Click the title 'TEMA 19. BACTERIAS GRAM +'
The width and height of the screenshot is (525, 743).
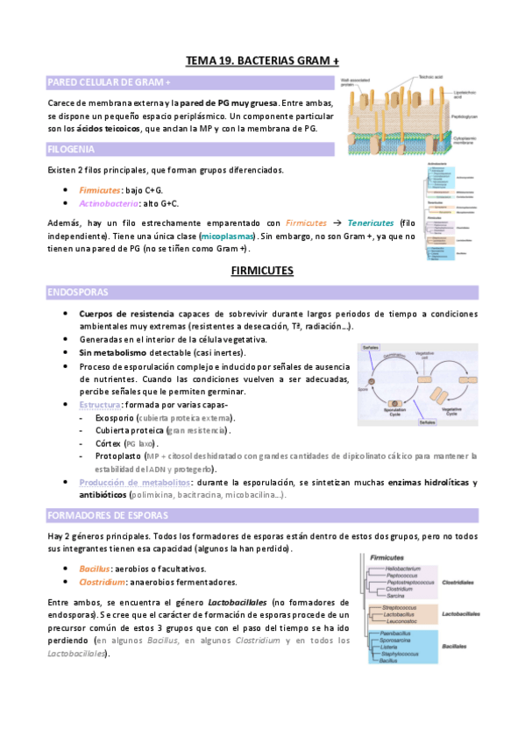click(262, 60)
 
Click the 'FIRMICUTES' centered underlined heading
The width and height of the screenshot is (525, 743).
click(261, 272)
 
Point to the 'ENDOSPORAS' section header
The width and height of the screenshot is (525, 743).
click(76, 293)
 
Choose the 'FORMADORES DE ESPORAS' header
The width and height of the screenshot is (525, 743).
click(104, 514)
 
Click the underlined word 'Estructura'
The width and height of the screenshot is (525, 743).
click(97, 405)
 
